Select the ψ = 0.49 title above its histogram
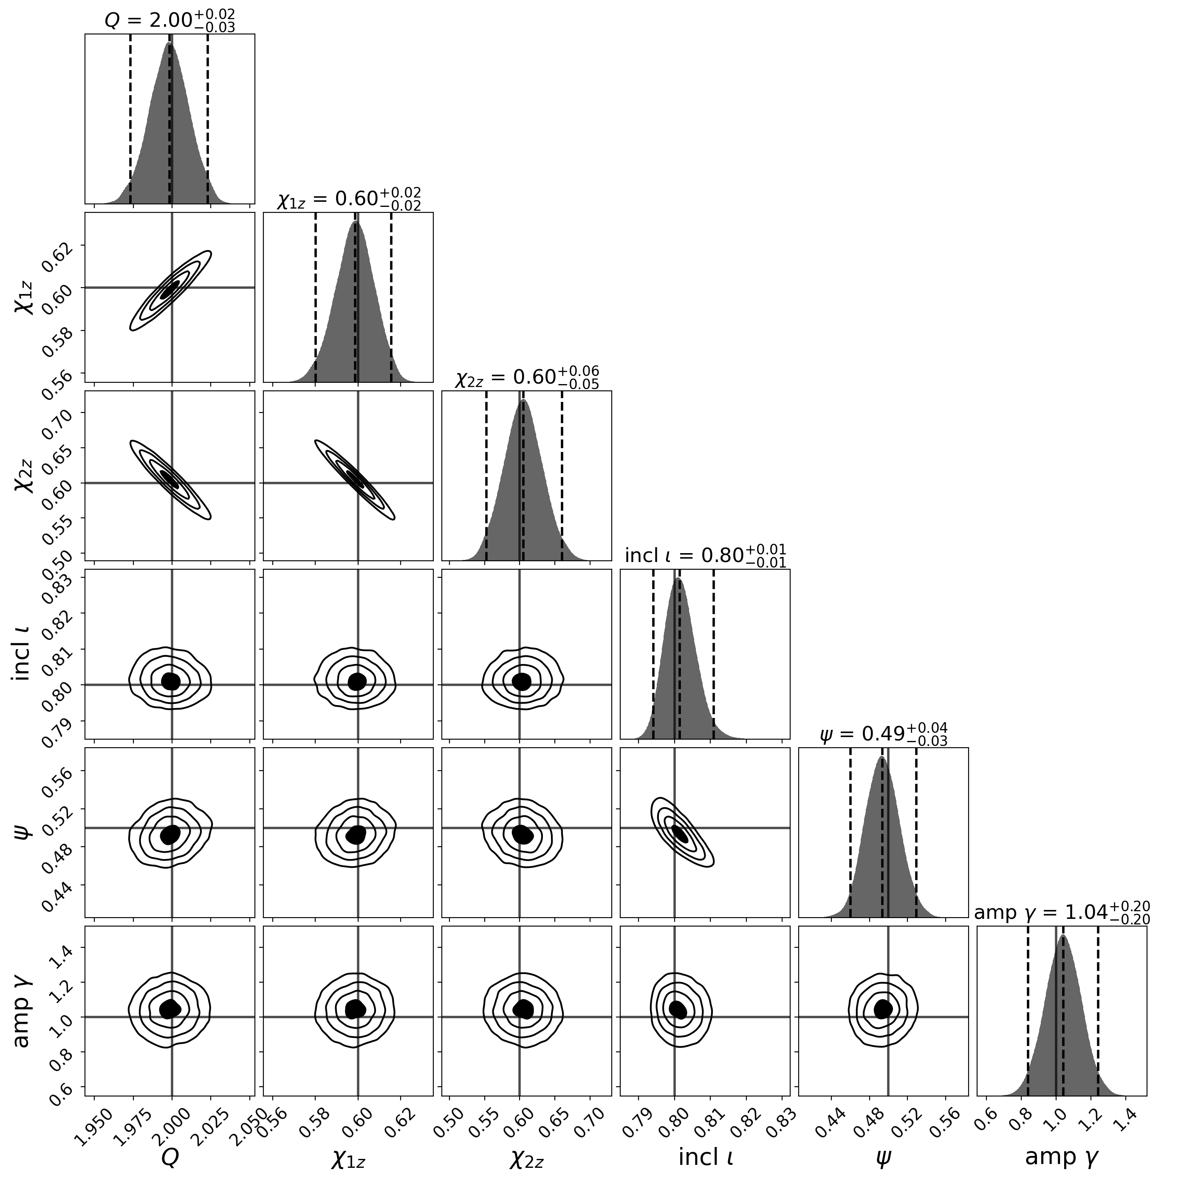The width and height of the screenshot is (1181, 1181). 883,734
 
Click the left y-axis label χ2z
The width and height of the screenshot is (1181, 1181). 23,475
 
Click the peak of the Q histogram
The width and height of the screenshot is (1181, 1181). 170,44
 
